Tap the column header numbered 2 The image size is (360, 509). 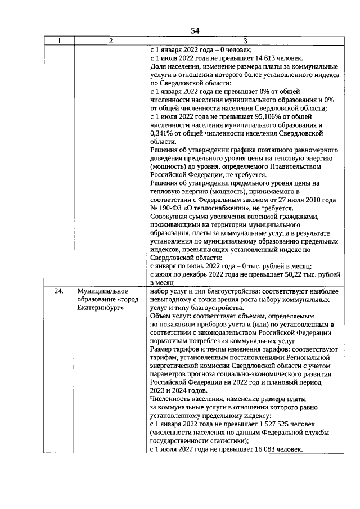pos(111,40)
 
